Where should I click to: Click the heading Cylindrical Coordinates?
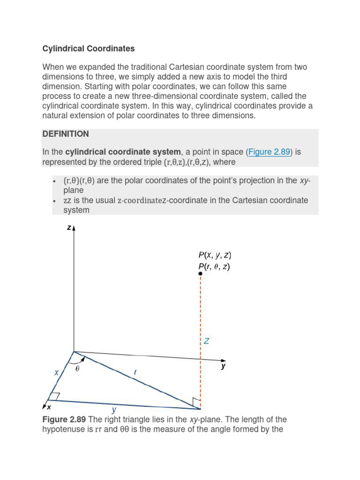[x=89, y=49]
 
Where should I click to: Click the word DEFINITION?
[x=66, y=134]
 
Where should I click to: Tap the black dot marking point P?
[x=200, y=273]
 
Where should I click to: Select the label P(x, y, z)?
[x=215, y=255]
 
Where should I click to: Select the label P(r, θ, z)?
[x=214, y=267]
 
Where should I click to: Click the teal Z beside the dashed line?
[x=206, y=341]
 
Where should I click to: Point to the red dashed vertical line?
[x=201, y=319]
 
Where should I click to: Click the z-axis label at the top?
[x=69, y=228]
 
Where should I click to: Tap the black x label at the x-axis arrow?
[x=48, y=407]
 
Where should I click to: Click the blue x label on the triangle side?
[x=56, y=373]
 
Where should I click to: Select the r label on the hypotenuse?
[x=135, y=372]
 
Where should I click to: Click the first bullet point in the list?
[x=55, y=181]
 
